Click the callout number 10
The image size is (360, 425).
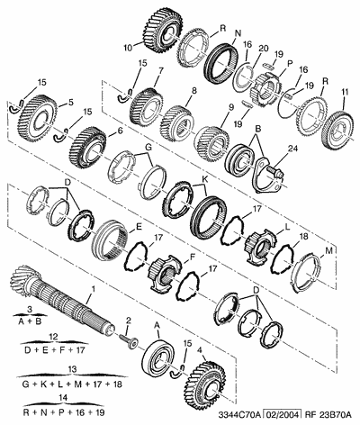click(128, 48)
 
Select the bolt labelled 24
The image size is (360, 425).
click(274, 173)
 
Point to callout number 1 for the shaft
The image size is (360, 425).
click(94, 289)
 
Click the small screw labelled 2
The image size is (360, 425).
click(130, 341)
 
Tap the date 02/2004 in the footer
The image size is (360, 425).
click(281, 415)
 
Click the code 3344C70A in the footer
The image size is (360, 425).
click(239, 415)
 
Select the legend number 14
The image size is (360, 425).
click(63, 397)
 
